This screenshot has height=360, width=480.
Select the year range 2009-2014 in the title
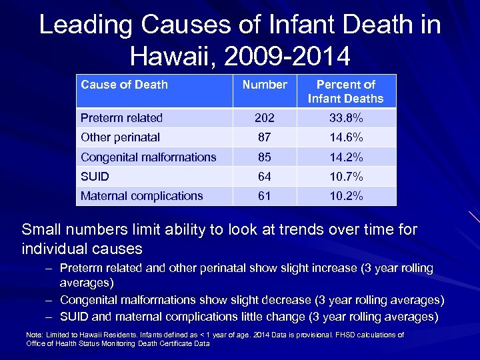[x=287, y=56]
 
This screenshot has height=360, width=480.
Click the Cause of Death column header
[x=124, y=85]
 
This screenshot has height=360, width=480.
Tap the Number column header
[x=265, y=85]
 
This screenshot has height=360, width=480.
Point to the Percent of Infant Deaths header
[x=345, y=91]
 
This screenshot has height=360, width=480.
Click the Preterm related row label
[x=121, y=118]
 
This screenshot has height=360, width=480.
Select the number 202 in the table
[x=265, y=118]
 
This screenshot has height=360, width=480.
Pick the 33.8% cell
[x=345, y=118]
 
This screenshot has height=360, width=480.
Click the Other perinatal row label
[x=120, y=137]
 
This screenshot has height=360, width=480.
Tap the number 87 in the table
[x=265, y=137]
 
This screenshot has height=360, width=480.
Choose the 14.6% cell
[x=345, y=137]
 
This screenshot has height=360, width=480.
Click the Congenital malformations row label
[x=148, y=157]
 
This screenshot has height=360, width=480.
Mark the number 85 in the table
[x=265, y=157]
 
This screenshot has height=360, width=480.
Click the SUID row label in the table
[x=95, y=177]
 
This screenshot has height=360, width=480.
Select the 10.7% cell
[x=345, y=177]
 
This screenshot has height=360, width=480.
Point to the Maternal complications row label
[x=141, y=196]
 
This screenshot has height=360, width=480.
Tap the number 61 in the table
[x=265, y=196]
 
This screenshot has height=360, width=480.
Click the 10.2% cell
[x=345, y=196]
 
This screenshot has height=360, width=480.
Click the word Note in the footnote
[x=33, y=335]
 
